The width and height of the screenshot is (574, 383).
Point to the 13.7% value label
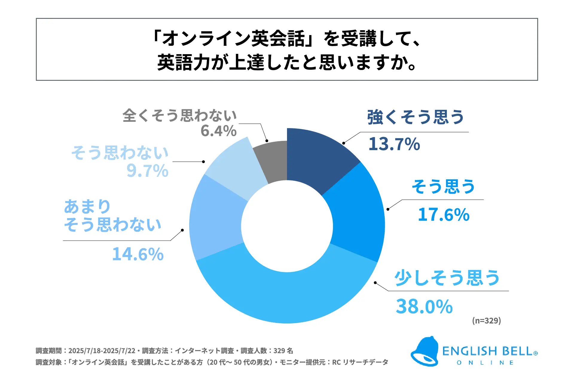pyautogui.click(x=394, y=144)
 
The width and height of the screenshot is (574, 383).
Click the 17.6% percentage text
pyautogui.click(x=444, y=215)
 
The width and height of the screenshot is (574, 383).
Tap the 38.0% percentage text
pyautogui.click(x=424, y=306)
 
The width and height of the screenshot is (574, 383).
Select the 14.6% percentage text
pyautogui.click(x=138, y=254)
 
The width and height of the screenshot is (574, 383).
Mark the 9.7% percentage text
pyautogui.click(x=147, y=171)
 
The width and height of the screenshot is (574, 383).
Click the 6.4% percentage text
pyautogui.click(x=219, y=131)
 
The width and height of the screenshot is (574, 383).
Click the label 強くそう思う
pyautogui.click(x=415, y=117)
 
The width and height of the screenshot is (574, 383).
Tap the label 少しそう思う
pyautogui.click(x=447, y=278)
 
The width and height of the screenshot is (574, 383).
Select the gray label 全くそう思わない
pyautogui.click(x=180, y=115)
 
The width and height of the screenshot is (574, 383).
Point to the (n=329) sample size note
pyautogui.click(x=486, y=320)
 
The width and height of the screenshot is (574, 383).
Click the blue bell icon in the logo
pyautogui.click(x=425, y=352)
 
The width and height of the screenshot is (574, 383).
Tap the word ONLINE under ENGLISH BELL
pyautogui.click(x=485, y=363)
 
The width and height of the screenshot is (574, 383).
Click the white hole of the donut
pyautogui.click(x=287, y=226)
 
